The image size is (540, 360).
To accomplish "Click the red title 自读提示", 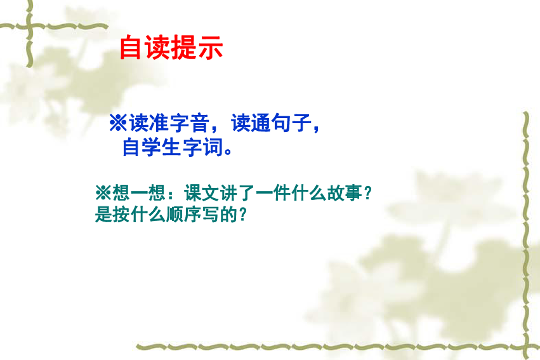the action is (x=171, y=47).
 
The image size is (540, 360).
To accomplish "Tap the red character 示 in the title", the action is (x=211, y=47).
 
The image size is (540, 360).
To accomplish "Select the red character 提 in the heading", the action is (x=184, y=47).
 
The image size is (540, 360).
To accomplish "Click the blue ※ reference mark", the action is (x=118, y=123).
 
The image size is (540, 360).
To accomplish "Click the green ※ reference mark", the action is (x=103, y=192).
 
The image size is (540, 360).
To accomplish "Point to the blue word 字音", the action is (x=189, y=123).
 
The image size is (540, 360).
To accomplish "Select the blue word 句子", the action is (x=291, y=123).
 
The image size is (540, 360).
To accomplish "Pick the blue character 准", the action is (x=159, y=123).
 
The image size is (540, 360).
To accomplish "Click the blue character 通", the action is (x=261, y=123).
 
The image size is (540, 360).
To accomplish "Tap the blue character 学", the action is (x=152, y=147).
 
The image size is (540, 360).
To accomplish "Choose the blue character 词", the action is (x=213, y=147).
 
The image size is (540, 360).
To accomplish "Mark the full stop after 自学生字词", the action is (x=228, y=152).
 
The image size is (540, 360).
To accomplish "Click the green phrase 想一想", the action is (x=139, y=193).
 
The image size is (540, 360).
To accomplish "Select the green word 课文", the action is (x=202, y=193).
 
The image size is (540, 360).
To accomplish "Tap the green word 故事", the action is (x=344, y=193).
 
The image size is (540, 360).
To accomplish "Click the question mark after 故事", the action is (x=368, y=193).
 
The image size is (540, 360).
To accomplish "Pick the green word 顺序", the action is (x=184, y=214).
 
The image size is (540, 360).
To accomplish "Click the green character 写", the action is (x=211, y=214).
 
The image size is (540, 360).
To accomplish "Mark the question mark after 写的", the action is (x=243, y=214).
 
